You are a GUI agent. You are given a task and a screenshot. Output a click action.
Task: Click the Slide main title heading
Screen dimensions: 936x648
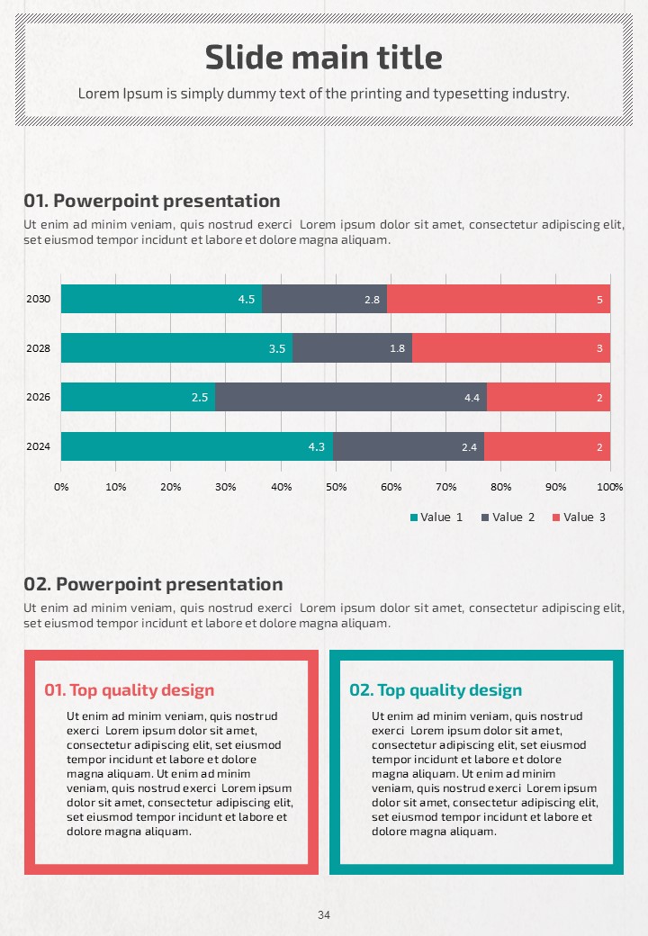(x=324, y=58)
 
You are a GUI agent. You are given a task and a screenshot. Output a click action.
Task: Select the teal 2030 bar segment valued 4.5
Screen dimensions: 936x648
(x=162, y=299)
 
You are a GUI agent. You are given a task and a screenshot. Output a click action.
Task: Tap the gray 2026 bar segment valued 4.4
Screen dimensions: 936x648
(x=351, y=397)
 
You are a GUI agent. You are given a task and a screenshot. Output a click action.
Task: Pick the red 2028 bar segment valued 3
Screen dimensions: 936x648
(x=511, y=348)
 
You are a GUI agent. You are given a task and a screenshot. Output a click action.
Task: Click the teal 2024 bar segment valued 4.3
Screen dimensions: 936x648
(x=196, y=446)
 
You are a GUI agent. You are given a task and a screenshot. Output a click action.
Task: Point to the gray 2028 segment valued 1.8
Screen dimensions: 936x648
(x=352, y=348)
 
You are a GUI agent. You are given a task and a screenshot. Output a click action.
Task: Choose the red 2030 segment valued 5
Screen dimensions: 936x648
(x=499, y=299)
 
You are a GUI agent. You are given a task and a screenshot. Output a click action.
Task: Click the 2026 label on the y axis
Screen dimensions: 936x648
(x=39, y=397)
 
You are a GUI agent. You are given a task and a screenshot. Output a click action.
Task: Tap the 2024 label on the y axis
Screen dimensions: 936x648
(x=39, y=446)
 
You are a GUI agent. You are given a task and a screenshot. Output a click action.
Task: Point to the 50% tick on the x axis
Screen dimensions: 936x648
(x=336, y=487)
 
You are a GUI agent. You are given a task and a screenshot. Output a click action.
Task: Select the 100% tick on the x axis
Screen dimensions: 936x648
(x=610, y=487)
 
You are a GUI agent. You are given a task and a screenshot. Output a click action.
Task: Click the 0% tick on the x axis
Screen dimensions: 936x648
(x=61, y=487)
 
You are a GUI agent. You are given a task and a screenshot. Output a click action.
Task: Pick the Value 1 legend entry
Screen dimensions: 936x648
(x=436, y=517)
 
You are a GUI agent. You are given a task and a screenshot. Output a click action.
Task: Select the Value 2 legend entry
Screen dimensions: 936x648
(x=508, y=517)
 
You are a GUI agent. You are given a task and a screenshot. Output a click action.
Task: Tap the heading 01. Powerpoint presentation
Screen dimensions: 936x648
(x=152, y=201)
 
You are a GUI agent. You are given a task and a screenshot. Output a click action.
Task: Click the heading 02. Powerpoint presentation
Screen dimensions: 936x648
(x=153, y=584)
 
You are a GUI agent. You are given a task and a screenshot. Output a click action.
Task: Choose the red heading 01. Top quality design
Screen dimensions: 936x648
(x=130, y=690)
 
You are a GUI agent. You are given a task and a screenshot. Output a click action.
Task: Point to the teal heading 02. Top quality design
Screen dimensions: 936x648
(x=436, y=690)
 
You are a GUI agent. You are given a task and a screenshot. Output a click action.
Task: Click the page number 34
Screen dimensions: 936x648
(x=324, y=915)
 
